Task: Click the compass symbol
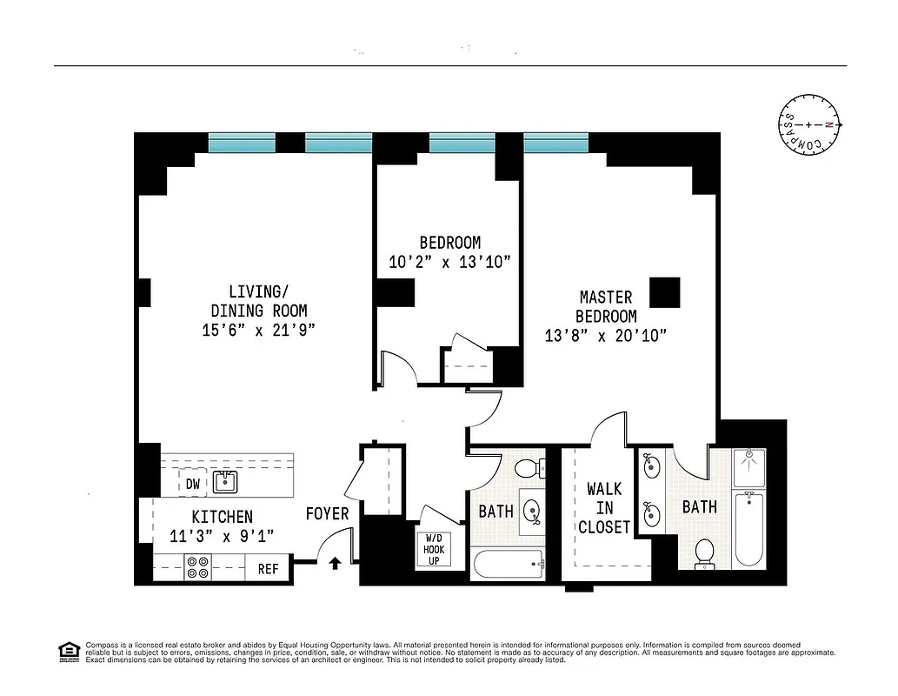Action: point(809,125)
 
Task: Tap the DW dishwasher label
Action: point(192,484)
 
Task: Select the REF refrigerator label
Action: point(268,569)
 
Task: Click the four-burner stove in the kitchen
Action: point(197,567)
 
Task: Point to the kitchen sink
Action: point(226,481)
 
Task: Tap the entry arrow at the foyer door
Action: point(335,564)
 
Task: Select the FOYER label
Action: point(327,514)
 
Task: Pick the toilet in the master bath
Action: point(705,553)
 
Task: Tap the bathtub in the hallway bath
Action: point(508,565)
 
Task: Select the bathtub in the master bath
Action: point(749,529)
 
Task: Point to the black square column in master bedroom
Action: point(665,292)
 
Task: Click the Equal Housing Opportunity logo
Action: point(67,651)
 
